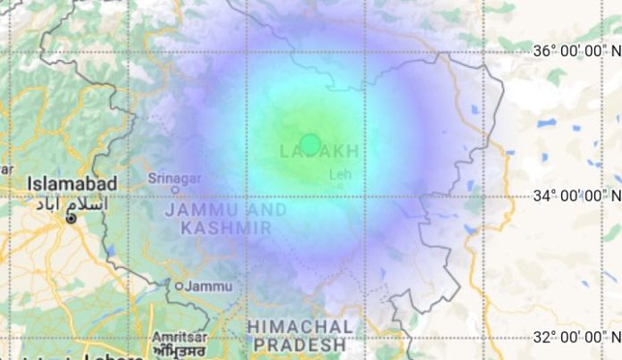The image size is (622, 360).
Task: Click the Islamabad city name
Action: pyautogui.click(x=71, y=183)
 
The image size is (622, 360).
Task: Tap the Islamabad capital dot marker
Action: pyautogui.click(x=72, y=218)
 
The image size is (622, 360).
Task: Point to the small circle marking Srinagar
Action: pyautogui.click(x=175, y=188)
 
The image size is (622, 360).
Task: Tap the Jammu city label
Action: pyautogui.click(x=211, y=286)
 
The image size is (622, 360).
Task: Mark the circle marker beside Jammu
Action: pyautogui.click(x=179, y=286)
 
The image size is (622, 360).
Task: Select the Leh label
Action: pyautogui.click(x=340, y=174)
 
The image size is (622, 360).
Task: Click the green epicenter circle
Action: pyautogui.click(x=310, y=144)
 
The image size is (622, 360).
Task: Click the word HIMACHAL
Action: pyautogui.click(x=300, y=326)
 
